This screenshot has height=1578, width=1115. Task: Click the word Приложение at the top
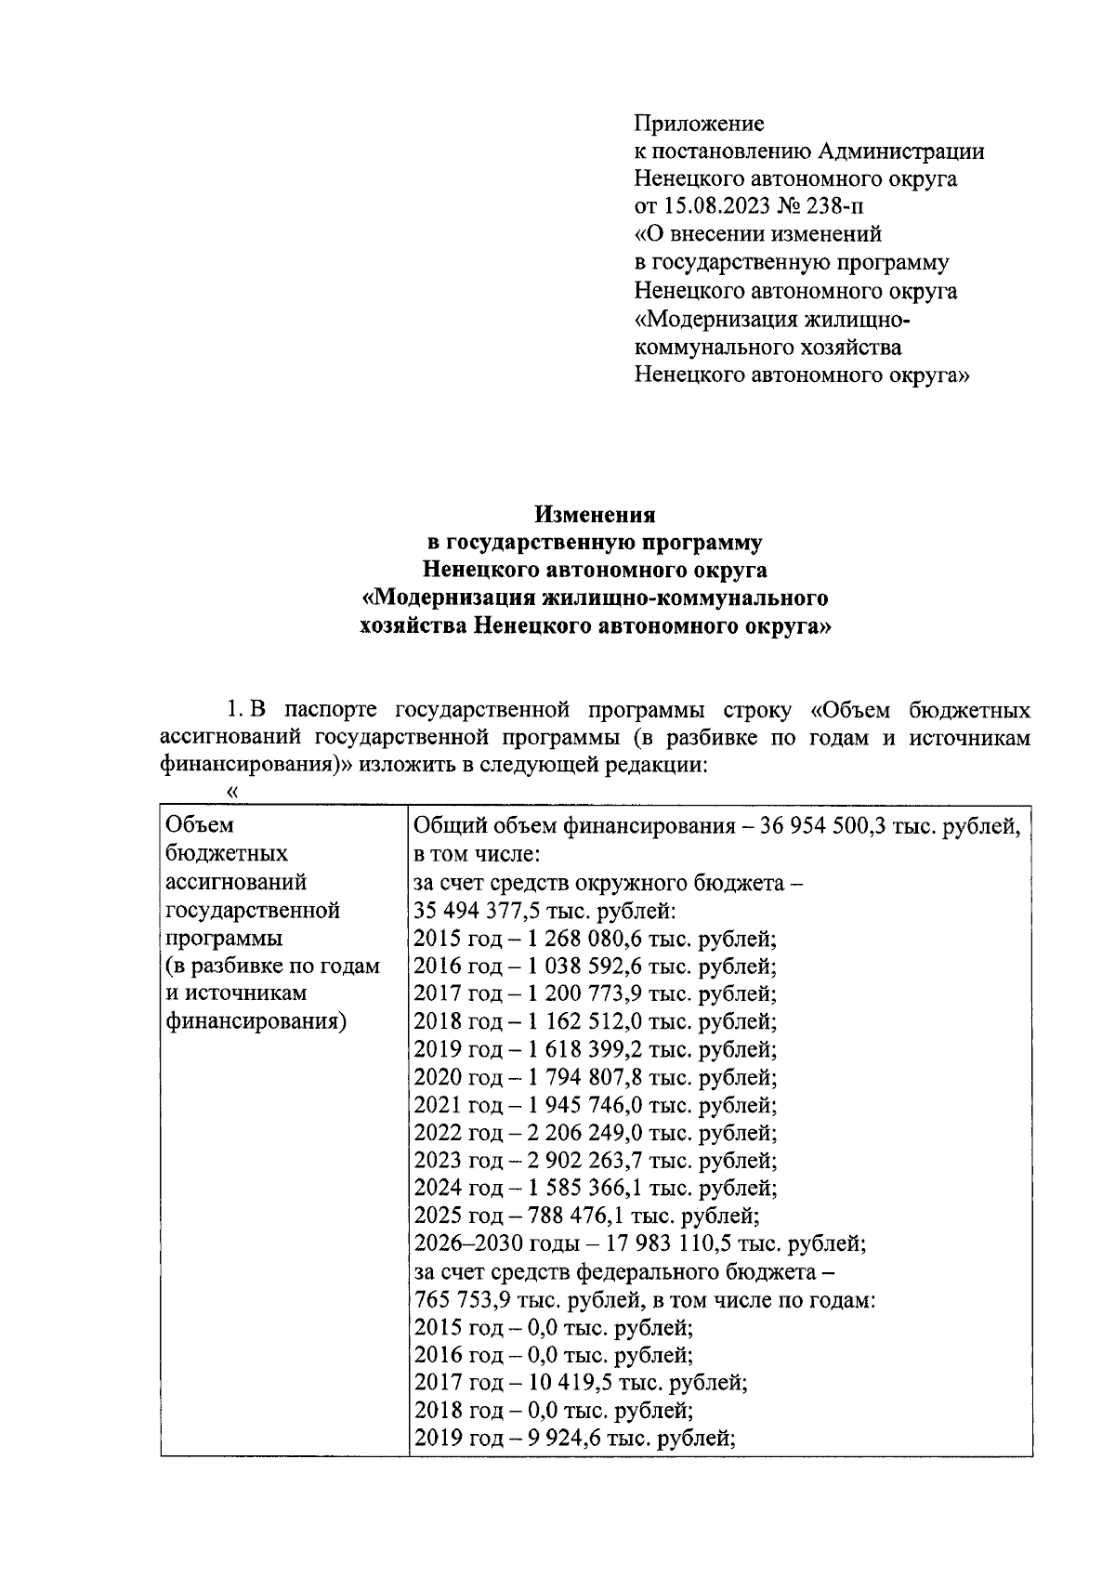[699, 123]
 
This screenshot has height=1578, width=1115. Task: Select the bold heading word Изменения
[595, 514]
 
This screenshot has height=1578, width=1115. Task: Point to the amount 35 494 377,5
[472, 910]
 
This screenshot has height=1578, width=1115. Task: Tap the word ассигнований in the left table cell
[235, 882]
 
